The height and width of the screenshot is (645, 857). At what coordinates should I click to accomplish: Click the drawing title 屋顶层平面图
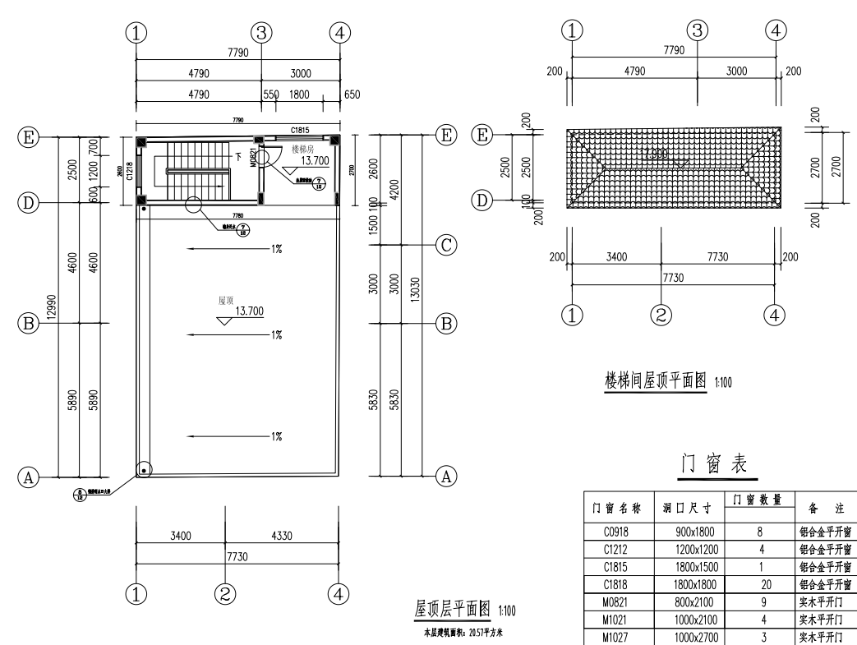pos(452,609)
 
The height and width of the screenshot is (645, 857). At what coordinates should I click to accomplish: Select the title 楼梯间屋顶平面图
pos(655,382)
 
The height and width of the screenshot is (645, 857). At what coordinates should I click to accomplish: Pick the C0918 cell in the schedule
pos(615,532)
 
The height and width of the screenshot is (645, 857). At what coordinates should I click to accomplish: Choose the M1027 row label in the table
pos(615,637)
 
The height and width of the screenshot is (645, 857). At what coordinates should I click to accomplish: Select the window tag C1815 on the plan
pos(302,130)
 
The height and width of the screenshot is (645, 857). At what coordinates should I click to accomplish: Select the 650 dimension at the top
pos(352,94)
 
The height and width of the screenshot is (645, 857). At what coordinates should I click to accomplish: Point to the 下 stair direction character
pos(238,155)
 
